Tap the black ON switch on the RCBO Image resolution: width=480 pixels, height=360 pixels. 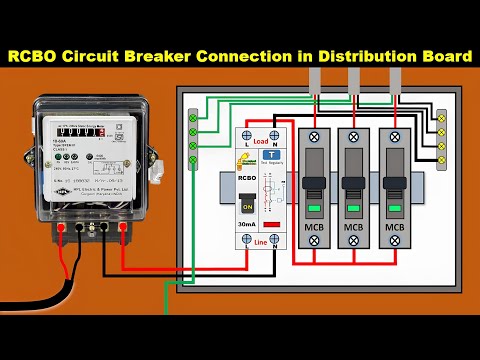pos(247,208)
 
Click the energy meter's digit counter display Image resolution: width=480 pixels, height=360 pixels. pos(81,131)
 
